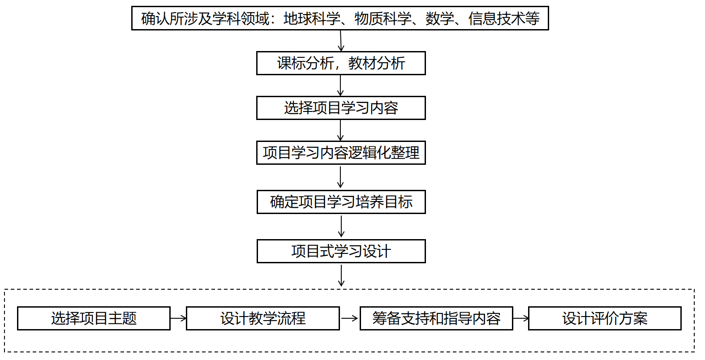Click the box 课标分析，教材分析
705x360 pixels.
[341, 63]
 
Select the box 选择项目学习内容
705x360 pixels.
[341, 108]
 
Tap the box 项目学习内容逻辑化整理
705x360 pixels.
[341, 153]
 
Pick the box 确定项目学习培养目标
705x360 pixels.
[341, 202]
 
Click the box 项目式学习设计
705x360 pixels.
[341, 251]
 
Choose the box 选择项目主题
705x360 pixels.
[94, 318]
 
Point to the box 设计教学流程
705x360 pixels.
[263, 318]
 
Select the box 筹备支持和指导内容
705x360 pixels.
[436, 318]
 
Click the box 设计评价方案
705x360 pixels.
[605, 318]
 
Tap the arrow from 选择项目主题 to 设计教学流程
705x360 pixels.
[178, 318]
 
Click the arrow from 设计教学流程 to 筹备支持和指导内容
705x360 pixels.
[350, 318]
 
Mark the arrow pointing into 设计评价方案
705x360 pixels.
[520, 318]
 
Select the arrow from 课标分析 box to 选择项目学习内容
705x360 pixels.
[340, 86]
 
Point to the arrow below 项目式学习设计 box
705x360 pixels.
[341, 275]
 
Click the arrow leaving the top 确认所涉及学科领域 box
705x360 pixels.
[341, 41]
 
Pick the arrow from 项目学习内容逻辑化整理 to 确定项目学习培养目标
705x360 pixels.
[340, 177]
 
